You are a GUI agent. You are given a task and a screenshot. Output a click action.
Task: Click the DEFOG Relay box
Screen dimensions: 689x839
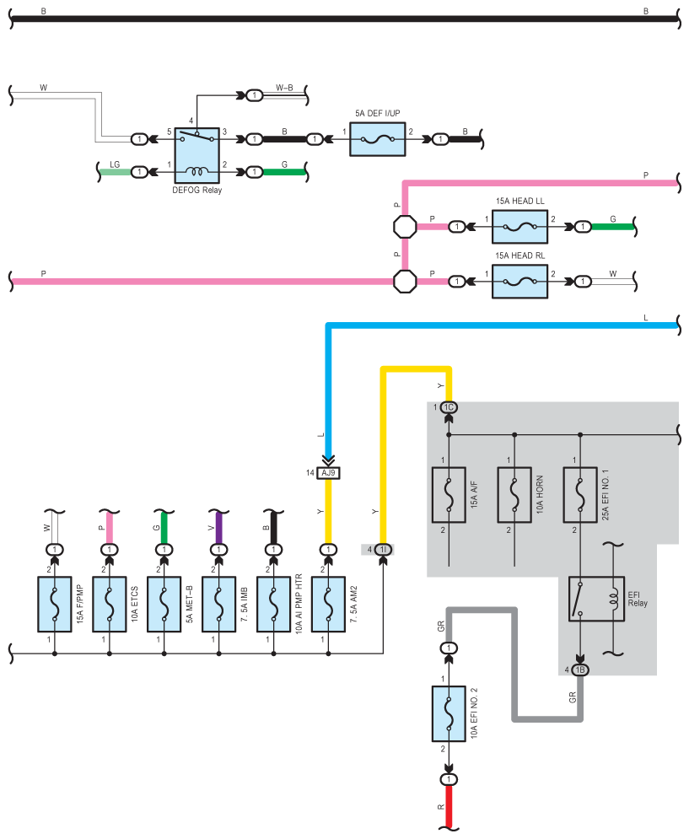197,156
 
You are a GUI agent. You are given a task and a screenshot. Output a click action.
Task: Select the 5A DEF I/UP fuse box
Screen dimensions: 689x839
378,140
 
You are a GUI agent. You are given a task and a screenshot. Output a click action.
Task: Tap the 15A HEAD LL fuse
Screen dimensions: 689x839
519,227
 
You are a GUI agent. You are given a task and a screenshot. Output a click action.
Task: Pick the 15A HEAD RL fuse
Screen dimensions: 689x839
519,282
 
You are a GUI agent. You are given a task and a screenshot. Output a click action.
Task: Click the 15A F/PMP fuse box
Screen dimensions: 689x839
55,604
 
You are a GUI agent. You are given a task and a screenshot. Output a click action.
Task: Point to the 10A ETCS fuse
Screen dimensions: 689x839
110,604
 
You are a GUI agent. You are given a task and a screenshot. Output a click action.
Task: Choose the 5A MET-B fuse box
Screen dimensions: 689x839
164,604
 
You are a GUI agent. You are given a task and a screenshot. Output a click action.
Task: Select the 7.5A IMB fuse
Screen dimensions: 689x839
219,604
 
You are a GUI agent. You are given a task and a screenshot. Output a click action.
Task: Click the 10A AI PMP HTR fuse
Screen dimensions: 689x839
273,604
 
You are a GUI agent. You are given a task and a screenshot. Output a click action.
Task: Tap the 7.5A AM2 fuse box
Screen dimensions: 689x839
328,604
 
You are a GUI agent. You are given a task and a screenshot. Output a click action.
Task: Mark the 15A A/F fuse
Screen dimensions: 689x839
449,495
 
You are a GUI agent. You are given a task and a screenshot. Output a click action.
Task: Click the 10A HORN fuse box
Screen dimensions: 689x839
514,495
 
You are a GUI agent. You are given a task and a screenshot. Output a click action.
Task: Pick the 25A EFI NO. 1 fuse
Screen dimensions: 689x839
580,495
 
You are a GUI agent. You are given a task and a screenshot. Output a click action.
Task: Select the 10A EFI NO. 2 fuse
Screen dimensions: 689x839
449,714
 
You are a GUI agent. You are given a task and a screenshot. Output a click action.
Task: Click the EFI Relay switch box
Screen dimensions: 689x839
596,599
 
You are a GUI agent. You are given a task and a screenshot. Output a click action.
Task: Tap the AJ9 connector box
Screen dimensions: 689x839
328,473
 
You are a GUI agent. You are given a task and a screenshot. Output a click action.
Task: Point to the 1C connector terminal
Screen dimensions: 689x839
449,408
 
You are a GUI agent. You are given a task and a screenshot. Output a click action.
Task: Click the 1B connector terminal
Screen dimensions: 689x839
580,670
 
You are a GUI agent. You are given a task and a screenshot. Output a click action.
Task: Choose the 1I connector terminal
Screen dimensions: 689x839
383,550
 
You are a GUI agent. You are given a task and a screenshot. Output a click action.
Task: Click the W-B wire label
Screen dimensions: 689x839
284,88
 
